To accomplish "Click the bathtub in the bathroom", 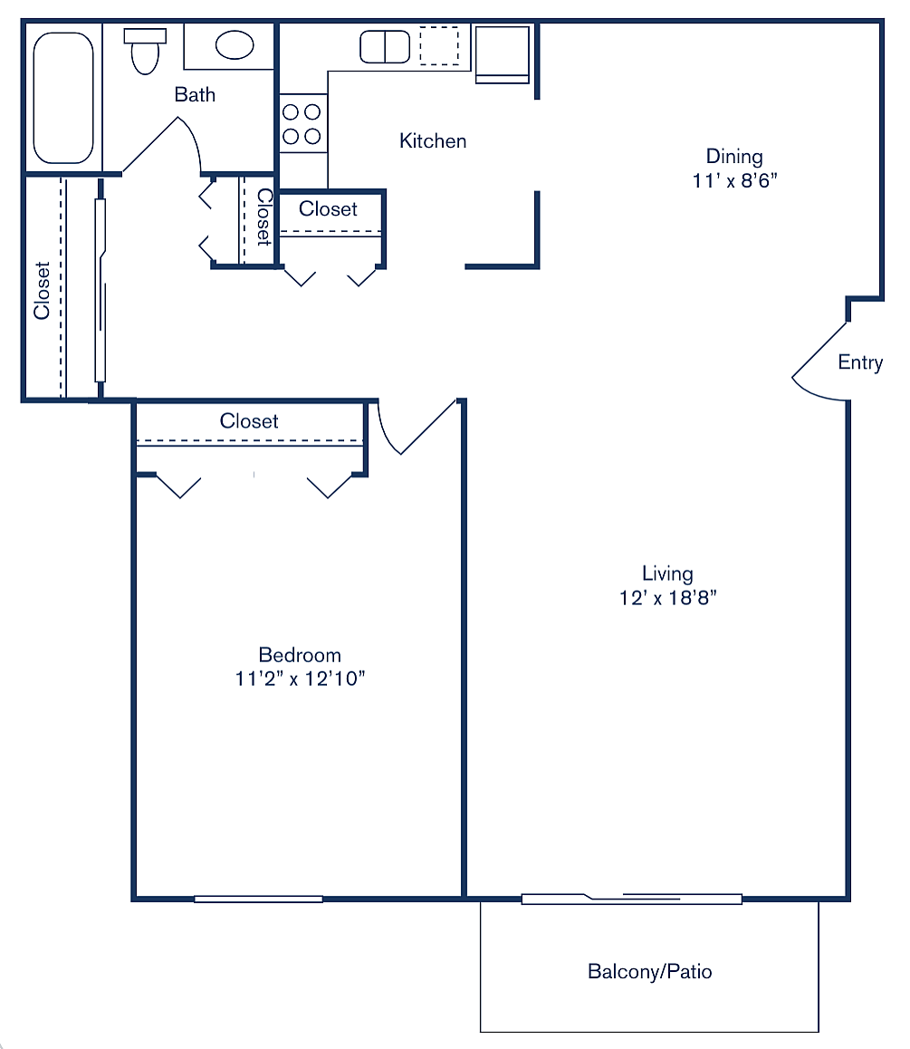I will point(62,98).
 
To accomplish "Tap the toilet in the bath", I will point(143,52).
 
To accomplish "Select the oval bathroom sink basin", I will point(235,44).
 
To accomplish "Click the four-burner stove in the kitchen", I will point(302,124).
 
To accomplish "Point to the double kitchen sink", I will point(385,46).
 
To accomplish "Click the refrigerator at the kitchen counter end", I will point(502,53).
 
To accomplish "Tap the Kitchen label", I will point(433,141).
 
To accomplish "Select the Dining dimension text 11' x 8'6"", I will point(735,180).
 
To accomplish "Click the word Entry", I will point(860,362).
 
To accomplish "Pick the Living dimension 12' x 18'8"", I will point(667,598).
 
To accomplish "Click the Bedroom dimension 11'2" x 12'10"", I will point(300,678).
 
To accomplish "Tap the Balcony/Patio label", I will point(649,972).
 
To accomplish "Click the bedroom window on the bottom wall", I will point(258,899).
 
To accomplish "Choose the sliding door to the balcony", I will point(631,899).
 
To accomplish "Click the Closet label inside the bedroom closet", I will point(249,421).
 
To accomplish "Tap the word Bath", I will point(195,94).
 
